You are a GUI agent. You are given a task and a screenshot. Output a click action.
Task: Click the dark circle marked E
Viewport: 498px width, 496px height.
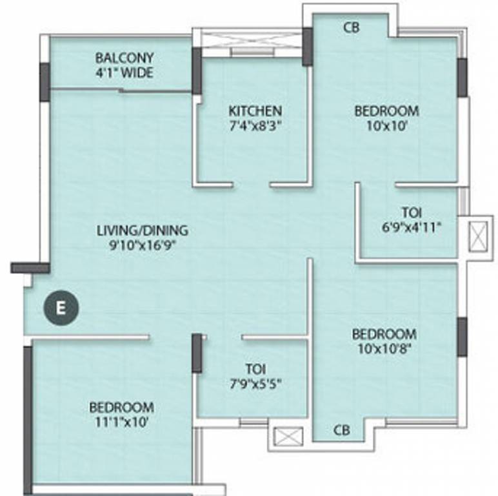tap(61, 308)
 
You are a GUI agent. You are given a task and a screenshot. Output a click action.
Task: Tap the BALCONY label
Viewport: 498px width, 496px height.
tap(124, 58)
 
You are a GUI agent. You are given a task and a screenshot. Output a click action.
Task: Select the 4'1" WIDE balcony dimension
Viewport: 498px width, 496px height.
tap(124, 72)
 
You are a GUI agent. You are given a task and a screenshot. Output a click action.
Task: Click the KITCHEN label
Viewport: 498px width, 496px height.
tap(255, 111)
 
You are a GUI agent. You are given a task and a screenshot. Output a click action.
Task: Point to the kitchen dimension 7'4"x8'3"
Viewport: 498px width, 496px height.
tap(255, 126)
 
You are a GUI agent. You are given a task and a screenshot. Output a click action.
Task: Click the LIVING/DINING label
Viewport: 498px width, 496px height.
tap(143, 231)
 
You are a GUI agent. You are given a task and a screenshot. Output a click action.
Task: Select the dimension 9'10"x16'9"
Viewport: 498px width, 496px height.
tap(143, 245)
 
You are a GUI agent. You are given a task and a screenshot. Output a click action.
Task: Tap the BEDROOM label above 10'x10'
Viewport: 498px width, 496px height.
tap(386, 111)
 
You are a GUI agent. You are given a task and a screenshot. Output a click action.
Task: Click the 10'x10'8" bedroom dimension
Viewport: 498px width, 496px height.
tap(384, 349)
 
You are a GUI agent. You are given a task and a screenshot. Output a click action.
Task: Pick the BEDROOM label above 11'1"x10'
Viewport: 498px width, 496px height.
tap(122, 408)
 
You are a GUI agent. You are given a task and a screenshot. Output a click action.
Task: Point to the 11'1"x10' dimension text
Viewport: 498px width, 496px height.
tap(122, 422)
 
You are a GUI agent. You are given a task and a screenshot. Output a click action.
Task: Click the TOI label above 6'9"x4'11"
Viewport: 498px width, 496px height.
tap(412, 212)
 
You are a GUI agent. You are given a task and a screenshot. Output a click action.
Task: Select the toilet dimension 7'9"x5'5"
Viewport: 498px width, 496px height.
tap(255, 384)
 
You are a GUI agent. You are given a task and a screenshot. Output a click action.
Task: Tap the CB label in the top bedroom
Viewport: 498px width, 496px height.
tap(352, 28)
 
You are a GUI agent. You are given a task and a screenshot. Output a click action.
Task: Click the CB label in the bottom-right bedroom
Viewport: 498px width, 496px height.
tap(342, 430)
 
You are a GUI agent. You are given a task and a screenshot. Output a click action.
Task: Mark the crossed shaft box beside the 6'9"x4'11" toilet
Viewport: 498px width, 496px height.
tap(478, 237)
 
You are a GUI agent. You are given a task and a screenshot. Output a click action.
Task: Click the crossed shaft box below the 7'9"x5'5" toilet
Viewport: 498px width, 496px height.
tap(288, 437)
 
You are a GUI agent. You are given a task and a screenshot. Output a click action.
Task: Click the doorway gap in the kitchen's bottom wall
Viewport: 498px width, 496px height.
tap(252, 185)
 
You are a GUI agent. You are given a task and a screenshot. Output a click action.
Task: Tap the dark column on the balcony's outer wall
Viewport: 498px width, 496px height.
tap(45, 82)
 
